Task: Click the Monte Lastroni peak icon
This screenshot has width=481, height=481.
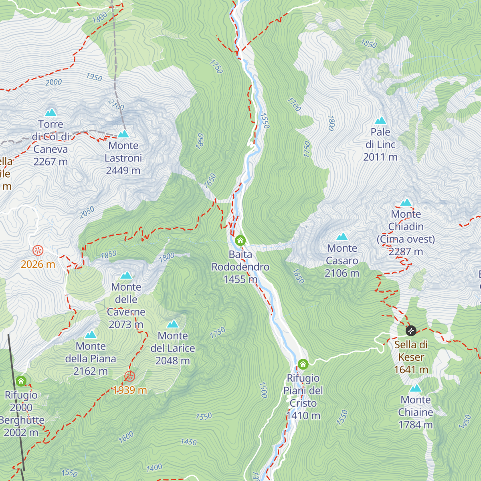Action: [x=123, y=134]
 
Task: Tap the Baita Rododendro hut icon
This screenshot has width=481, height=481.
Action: [x=240, y=240]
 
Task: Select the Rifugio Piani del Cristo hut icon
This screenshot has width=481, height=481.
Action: [x=303, y=364]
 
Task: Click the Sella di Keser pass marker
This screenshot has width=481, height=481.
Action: [x=411, y=331]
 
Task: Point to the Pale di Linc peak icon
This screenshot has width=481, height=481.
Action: [x=380, y=120]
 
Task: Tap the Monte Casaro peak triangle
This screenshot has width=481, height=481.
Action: [x=342, y=236]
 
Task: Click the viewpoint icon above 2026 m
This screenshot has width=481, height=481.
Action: [x=38, y=251]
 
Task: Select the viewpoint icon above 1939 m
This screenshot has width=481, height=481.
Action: [x=129, y=376]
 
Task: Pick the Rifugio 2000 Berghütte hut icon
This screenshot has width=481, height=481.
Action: [x=21, y=381]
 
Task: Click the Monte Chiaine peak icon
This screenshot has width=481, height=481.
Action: [x=416, y=388]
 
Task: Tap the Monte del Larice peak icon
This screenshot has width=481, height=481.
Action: [x=173, y=324]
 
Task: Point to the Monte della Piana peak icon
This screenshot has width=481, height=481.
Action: [x=91, y=334]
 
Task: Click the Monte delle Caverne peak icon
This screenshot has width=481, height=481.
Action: [x=126, y=275]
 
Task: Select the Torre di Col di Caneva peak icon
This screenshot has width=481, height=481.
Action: [x=51, y=112]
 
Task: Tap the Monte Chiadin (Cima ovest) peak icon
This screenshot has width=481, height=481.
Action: [x=406, y=202]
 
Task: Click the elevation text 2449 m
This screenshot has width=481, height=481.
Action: [x=123, y=170]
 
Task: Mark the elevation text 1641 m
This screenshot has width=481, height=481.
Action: [x=411, y=369]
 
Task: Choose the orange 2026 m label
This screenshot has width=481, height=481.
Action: [x=38, y=264]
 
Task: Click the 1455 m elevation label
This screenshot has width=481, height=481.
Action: [x=240, y=279]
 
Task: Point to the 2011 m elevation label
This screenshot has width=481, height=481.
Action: [x=380, y=157]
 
